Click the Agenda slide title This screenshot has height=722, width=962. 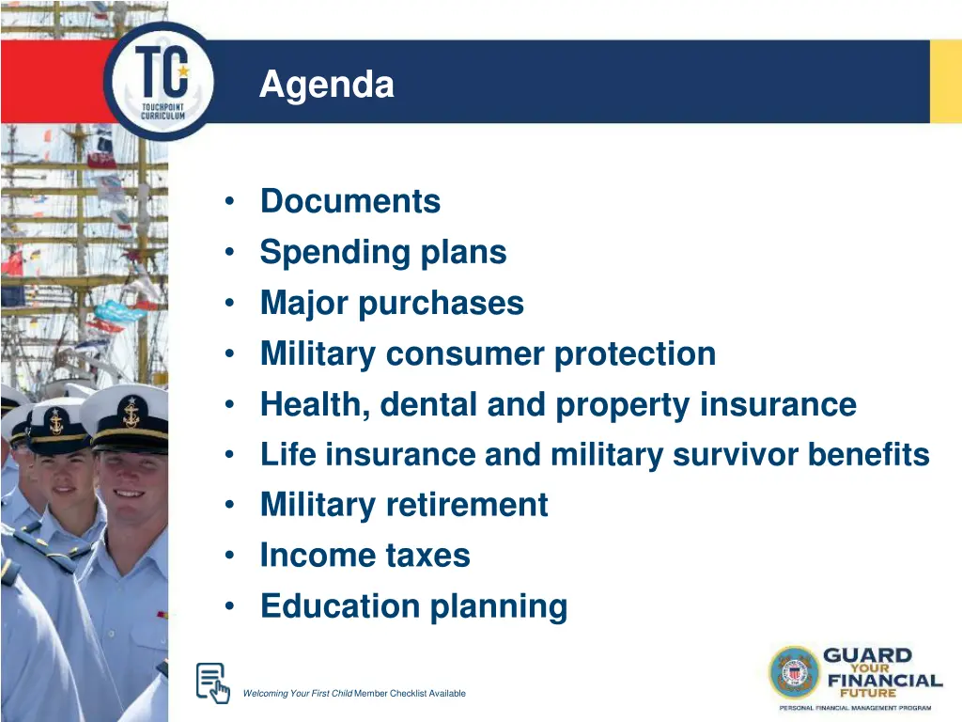tap(326, 86)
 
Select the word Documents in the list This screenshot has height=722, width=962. tap(349, 201)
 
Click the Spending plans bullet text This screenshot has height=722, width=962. tap(383, 252)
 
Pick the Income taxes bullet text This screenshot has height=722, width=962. tap(365, 556)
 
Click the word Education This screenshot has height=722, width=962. tap(341, 606)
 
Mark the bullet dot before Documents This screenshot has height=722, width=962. tap(230, 202)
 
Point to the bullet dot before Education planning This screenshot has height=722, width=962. tap(230, 607)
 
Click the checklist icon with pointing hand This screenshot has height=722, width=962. tap(212, 683)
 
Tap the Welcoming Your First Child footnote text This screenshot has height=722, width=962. tap(353, 694)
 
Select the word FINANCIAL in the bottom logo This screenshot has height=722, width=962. tap(884, 681)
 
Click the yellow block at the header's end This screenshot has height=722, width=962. tap(945, 82)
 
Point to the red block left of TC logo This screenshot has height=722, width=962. tap(52, 82)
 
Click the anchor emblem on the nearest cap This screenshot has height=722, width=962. tap(130, 410)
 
